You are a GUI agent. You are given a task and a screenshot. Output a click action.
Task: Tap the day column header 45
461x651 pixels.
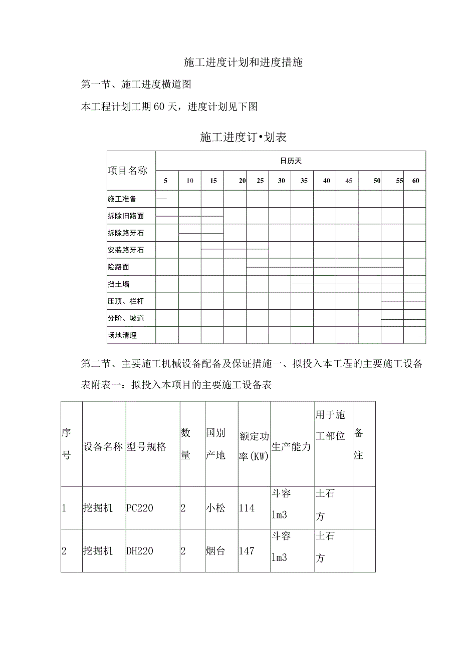pyautogui.click(x=349, y=181)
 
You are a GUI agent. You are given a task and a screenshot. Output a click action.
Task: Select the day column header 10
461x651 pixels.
pyautogui.click(x=190, y=181)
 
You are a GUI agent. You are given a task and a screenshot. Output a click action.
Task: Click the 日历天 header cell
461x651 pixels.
pyautogui.click(x=291, y=161)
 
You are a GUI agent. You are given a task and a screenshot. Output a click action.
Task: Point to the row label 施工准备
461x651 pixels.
pyautogui.click(x=122, y=199)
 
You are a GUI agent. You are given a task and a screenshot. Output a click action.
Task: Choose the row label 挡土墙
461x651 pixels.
pyautogui.click(x=118, y=284)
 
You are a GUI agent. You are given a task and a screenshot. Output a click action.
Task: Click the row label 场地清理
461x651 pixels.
pyautogui.click(x=122, y=335)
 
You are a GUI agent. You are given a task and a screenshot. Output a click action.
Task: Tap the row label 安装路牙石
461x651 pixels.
pyautogui.click(x=125, y=250)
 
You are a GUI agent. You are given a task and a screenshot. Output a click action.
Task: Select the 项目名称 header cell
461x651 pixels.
pyautogui.click(x=128, y=171)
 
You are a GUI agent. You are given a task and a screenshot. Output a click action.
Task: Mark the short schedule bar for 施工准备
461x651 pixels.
pyautogui.click(x=161, y=199)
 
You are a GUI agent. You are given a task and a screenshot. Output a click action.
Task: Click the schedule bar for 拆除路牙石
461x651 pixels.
pyautogui.click(x=201, y=233)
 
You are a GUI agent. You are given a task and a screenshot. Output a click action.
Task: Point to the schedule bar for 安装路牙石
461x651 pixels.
pyautogui.click(x=235, y=249)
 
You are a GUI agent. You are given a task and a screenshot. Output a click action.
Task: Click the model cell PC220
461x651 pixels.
pyautogui.click(x=140, y=508)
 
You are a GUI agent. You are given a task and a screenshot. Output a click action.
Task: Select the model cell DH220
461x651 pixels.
pyautogui.click(x=140, y=551)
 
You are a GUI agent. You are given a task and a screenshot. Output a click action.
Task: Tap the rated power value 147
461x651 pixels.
pyautogui.click(x=247, y=551)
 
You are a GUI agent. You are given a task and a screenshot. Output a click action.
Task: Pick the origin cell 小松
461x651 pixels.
pyautogui.click(x=215, y=508)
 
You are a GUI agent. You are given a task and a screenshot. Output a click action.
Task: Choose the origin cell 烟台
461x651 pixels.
pyautogui.click(x=215, y=551)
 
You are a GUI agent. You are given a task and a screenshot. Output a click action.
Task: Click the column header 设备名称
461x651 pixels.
pyautogui.click(x=103, y=447)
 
